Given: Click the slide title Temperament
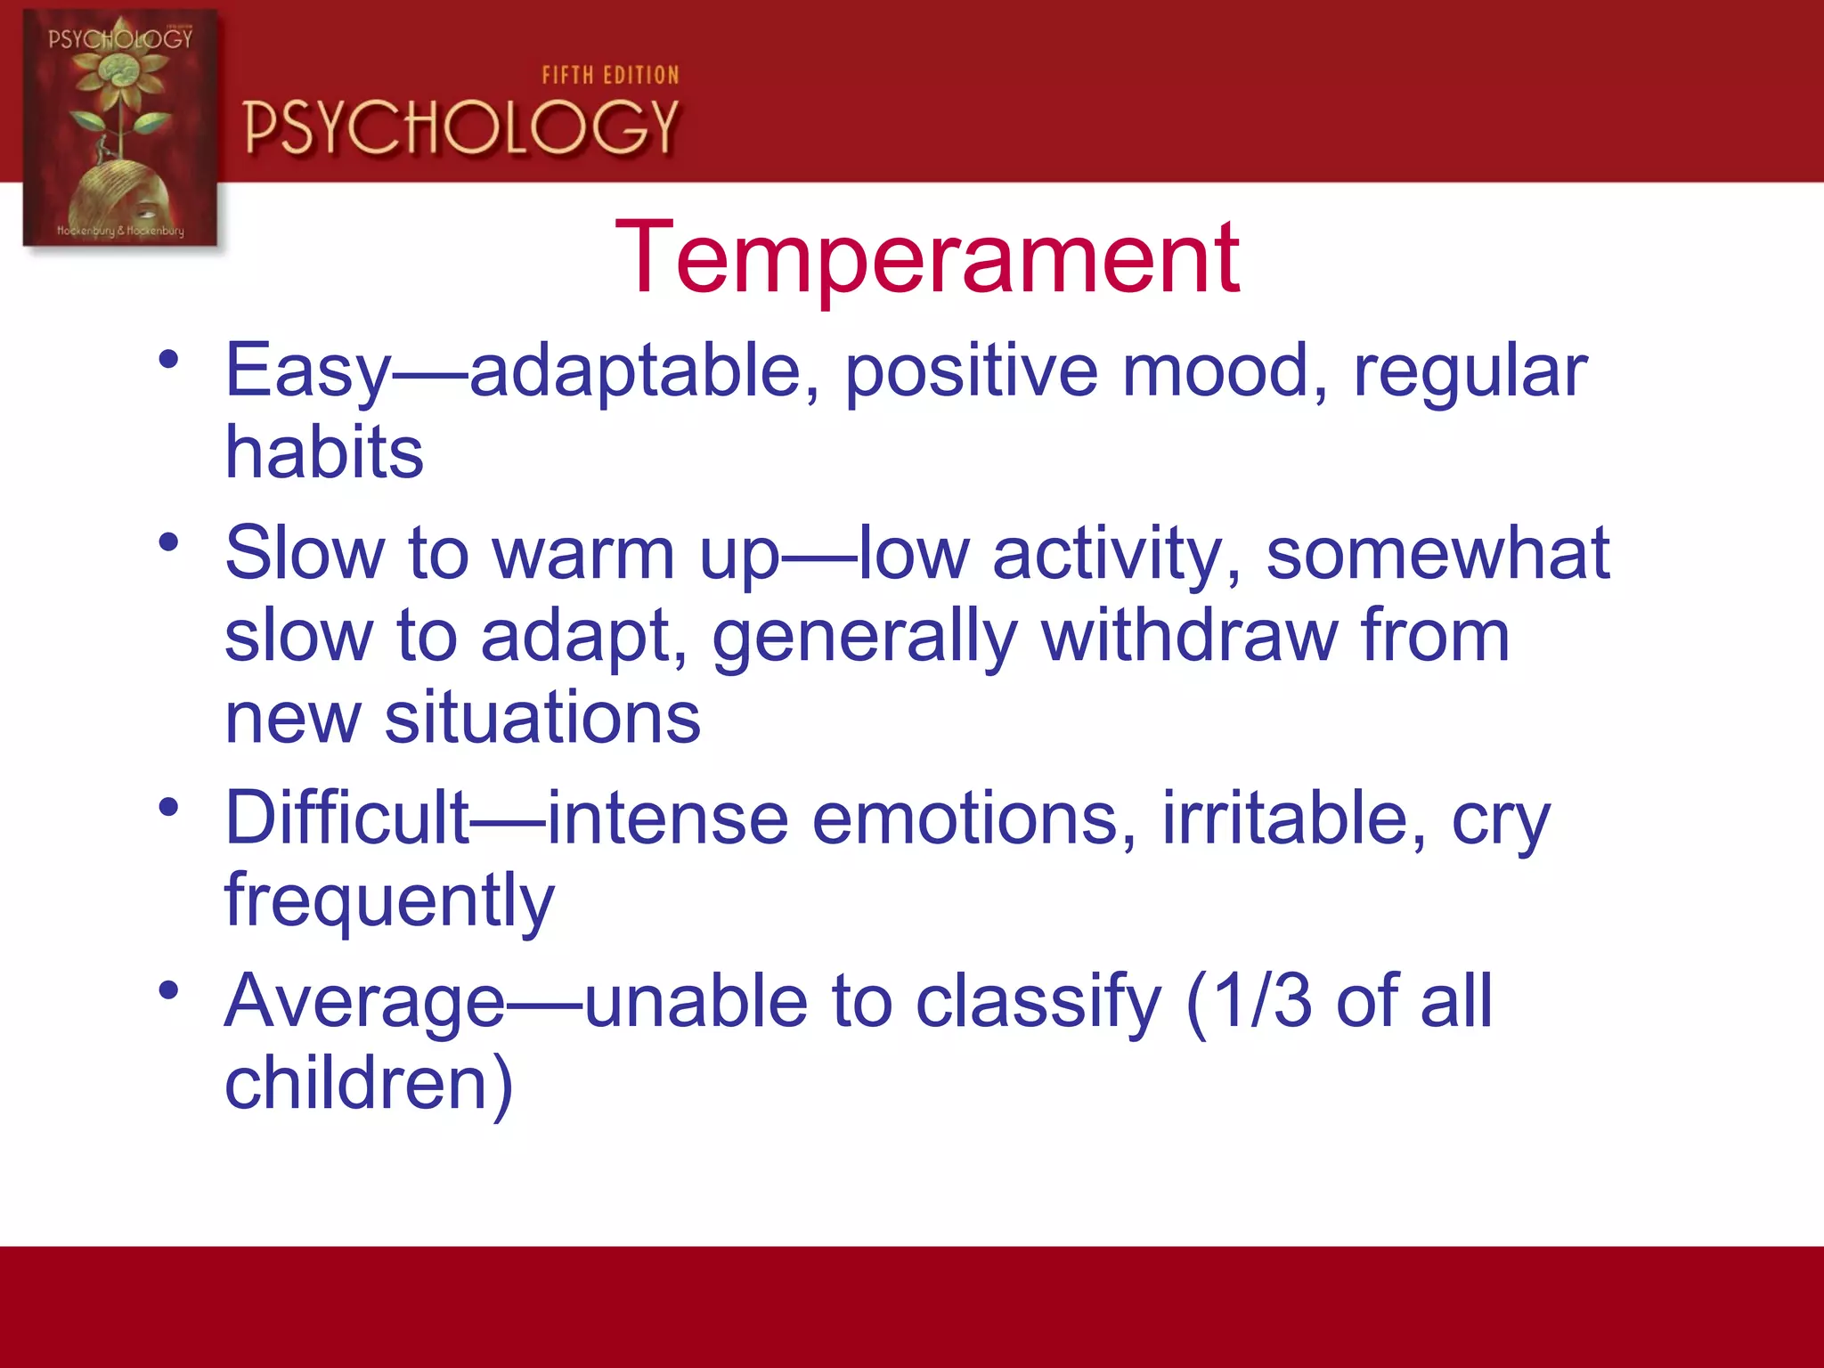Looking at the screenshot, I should (926, 258).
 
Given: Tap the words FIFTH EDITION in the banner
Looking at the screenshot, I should (610, 76).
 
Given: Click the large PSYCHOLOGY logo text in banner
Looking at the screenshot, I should (461, 127).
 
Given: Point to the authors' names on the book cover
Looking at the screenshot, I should (120, 231).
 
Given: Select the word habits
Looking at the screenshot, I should (323, 452).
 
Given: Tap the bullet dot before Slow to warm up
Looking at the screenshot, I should (168, 541).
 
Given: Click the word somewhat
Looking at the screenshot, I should (1437, 554).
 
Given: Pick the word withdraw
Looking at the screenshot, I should (1189, 636).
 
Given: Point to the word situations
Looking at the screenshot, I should (541, 718).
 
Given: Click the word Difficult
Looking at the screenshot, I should (347, 818).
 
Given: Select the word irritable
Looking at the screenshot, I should (1293, 818).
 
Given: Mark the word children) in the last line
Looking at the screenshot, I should (369, 1084).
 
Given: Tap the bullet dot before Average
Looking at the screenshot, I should (168, 989).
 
